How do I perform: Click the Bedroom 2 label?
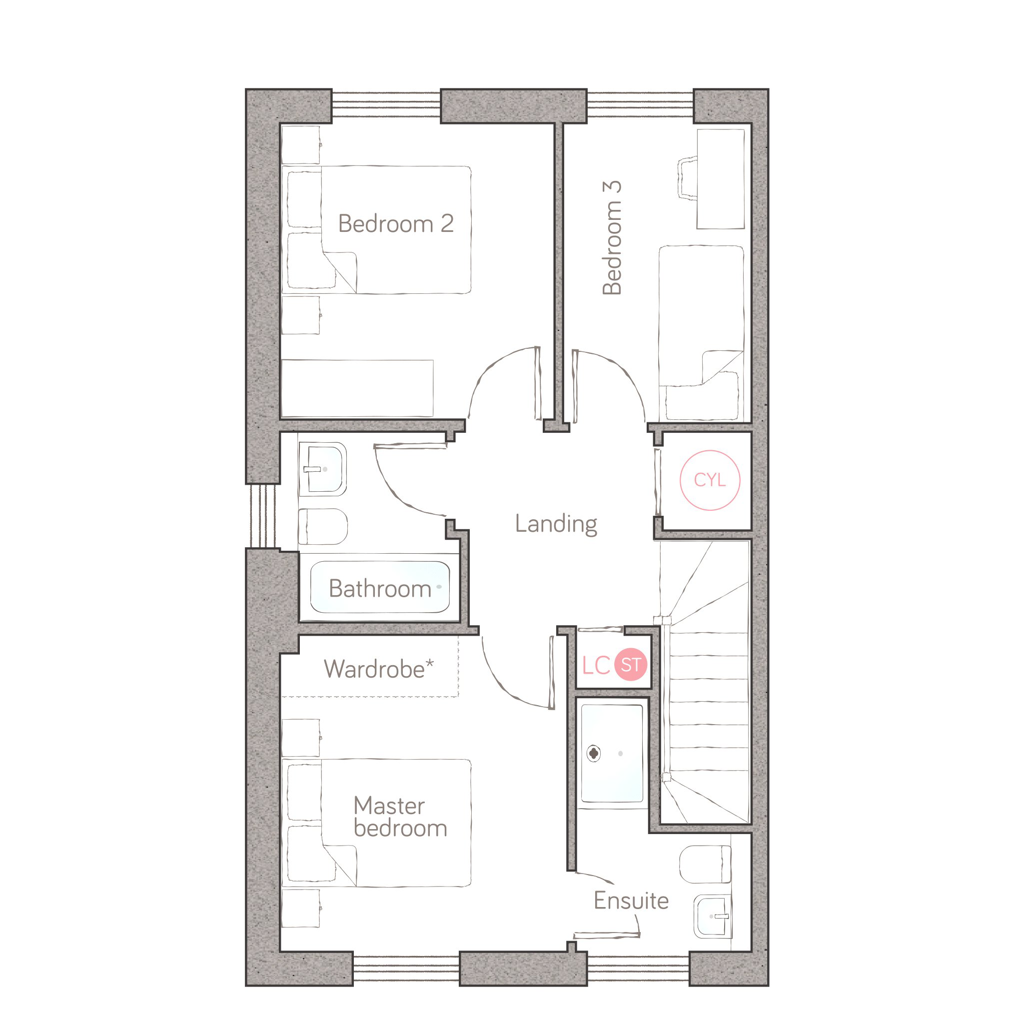[x=395, y=224]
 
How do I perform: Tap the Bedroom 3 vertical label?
[x=612, y=238]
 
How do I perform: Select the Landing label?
[x=556, y=524]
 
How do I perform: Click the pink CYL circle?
[x=710, y=480]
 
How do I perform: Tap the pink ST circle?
[x=631, y=665]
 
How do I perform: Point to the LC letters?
[x=596, y=665]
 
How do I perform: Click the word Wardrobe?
[x=374, y=669]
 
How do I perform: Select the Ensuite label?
[x=631, y=901]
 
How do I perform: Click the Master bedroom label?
[x=400, y=817]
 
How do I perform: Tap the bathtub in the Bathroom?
[x=380, y=587]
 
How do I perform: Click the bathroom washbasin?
[x=323, y=469]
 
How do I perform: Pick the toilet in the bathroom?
[x=323, y=526]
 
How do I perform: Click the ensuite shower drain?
[x=594, y=753]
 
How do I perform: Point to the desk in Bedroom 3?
[x=720, y=179]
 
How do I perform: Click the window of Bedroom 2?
[x=386, y=105]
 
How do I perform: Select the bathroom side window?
[x=263, y=515]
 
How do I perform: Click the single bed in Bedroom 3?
[x=701, y=333]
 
